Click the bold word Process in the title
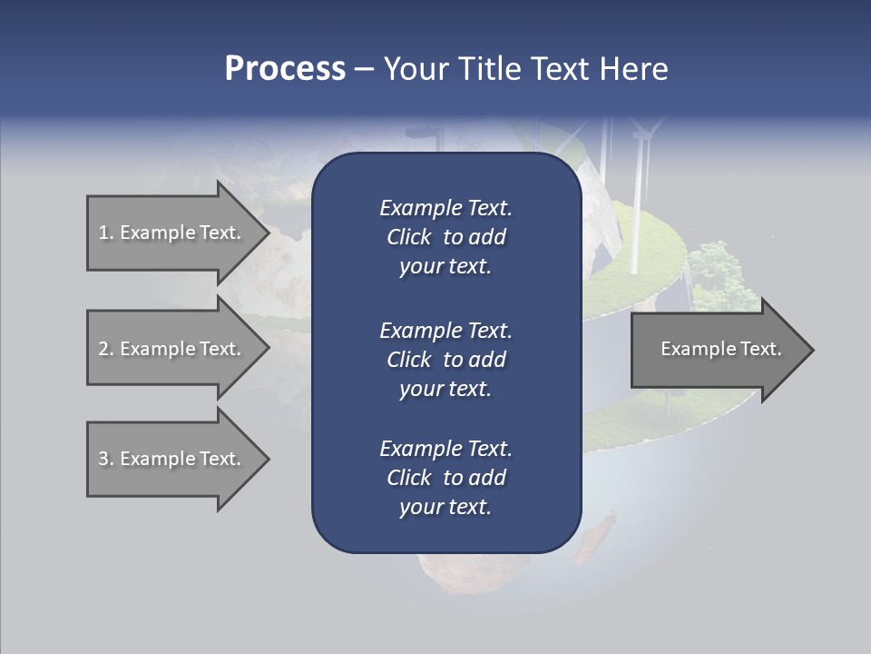tap(285, 69)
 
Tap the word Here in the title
tap(634, 69)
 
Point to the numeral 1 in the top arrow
tap(103, 233)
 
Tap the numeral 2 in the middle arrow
tap(103, 349)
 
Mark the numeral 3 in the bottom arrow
tap(103, 459)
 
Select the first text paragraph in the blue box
tap(445, 237)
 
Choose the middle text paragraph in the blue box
tap(445, 359)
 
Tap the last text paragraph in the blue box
tap(445, 478)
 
